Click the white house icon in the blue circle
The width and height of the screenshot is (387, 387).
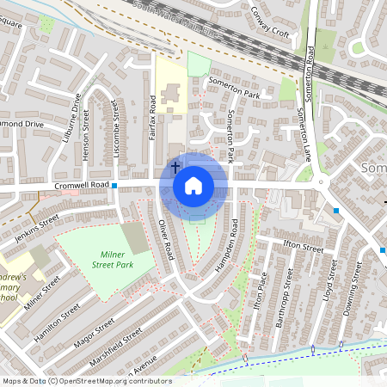[193, 185]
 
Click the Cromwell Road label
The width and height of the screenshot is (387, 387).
[83, 185]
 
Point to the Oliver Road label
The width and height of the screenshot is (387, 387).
[166, 239]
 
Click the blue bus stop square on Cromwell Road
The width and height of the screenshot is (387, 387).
[114, 184]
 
